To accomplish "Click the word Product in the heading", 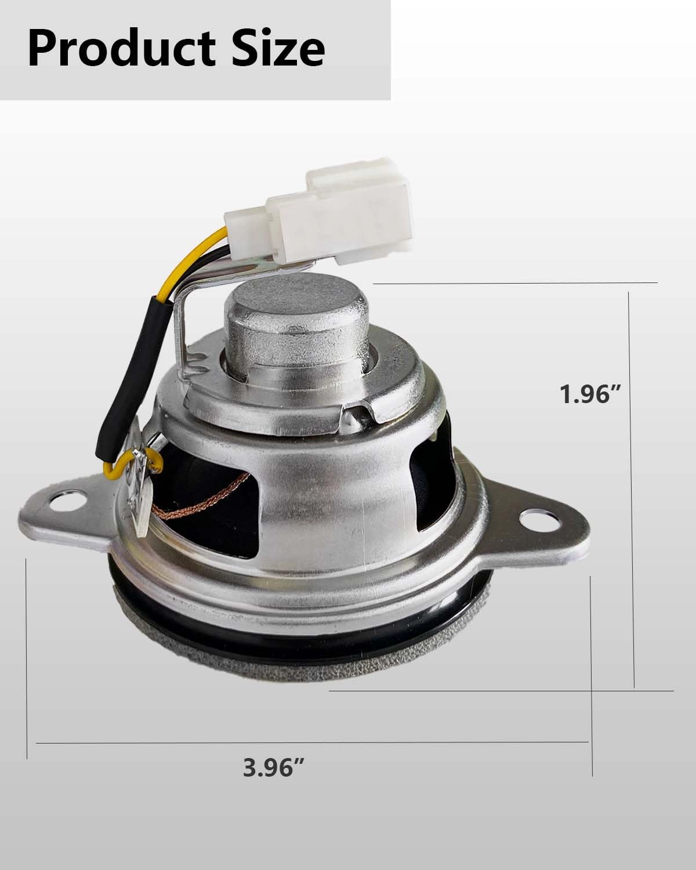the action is tap(121, 49).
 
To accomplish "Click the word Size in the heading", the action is tap(278, 49).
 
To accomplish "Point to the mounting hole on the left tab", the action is tap(67, 501).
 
